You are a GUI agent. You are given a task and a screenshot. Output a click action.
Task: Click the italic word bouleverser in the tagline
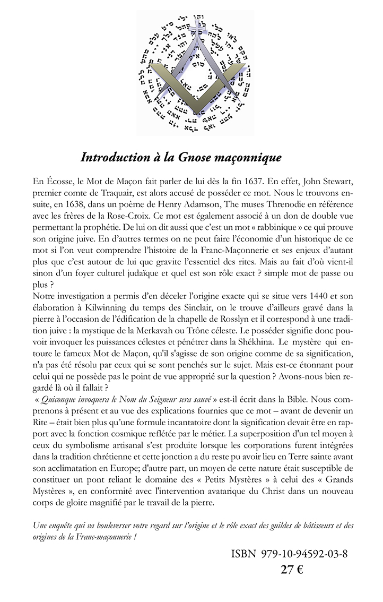click(x=120, y=525)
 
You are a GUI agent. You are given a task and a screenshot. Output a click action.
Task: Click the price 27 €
click(x=291, y=570)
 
